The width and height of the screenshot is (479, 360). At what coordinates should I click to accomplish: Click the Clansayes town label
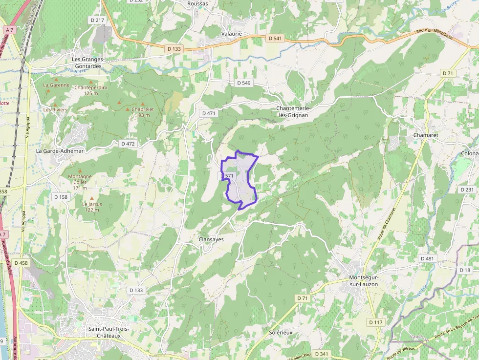211,239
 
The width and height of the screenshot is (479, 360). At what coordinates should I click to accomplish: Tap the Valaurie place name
231,34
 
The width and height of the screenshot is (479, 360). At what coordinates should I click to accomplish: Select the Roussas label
197,3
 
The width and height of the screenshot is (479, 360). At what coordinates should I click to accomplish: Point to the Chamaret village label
425,135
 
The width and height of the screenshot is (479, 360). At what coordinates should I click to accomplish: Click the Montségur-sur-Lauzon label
364,281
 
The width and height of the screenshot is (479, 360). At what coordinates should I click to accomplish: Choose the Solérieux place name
281,332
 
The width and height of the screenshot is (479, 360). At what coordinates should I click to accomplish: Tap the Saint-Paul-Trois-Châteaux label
109,332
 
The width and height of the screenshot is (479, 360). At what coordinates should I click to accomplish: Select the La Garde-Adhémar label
60,151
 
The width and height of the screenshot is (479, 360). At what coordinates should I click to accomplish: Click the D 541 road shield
275,38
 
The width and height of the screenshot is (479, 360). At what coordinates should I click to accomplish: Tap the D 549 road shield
243,83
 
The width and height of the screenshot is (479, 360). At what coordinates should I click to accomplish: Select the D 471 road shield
208,113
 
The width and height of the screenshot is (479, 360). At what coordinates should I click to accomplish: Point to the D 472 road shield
128,144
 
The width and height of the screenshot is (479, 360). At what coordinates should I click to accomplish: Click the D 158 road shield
61,197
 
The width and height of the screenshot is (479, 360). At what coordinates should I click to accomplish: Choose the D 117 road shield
376,322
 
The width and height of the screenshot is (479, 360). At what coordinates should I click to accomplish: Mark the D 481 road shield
427,258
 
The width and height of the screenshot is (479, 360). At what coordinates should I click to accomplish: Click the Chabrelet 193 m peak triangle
128,109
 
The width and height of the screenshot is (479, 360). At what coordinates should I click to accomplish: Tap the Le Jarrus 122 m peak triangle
91,198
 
